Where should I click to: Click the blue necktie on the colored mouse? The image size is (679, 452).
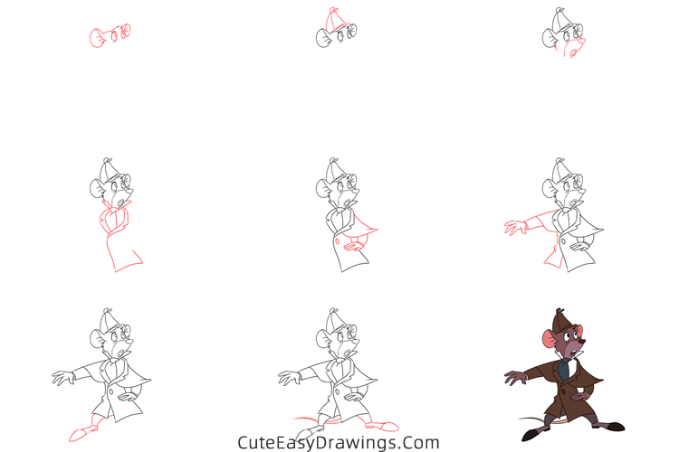564,368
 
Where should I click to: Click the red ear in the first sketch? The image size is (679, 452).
98,38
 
